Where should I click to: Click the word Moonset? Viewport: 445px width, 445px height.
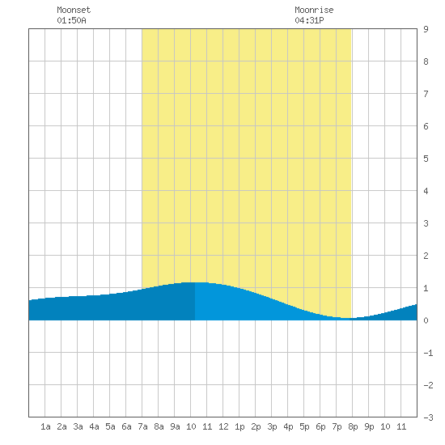[x=74, y=10]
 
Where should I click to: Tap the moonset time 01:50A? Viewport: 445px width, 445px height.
[x=71, y=20]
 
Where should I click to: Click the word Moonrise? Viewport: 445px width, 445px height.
[x=314, y=10]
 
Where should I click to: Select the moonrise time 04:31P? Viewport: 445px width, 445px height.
[x=309, y=20]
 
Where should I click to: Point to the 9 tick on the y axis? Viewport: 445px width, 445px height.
[x=426, y=29]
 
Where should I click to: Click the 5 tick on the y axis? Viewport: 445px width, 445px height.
[x=426, y=159]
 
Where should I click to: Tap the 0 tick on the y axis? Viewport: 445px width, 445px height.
[x=426, y=320]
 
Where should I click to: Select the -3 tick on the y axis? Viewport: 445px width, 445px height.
[x=428, y=417]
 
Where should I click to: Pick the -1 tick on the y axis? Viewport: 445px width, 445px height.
[x=428, y=353]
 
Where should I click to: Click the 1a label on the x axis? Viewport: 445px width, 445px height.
[x=45, y=426]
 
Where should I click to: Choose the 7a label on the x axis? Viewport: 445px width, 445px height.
[x=142, y=426]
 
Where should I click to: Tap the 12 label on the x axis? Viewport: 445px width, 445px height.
[x=223, y=426]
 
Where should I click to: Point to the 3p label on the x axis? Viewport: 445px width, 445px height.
[x=272, y=426]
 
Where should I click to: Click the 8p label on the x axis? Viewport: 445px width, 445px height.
[x=353, y=426]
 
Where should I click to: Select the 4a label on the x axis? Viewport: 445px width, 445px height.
[x=94, y=426]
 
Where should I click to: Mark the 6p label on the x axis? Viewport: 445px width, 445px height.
[x=320, y=426]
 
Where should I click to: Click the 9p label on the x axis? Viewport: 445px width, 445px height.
[x=369, y=426]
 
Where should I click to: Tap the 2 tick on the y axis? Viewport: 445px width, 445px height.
[x=426, y=256]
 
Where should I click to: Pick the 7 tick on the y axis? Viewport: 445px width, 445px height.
[x=426, y=94]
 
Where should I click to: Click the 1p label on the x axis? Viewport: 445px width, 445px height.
[x=239, y=426]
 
